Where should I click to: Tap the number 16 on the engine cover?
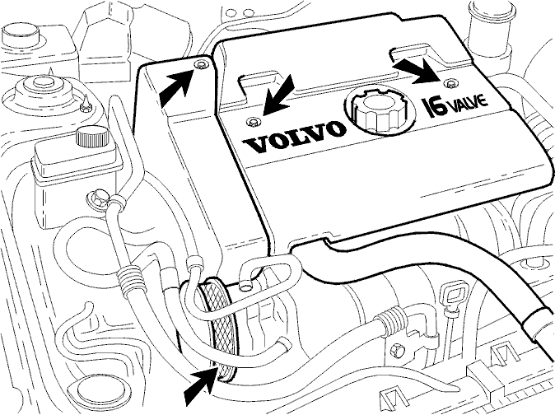pyautogui.click(x=432, y=107)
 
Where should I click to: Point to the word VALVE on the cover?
pyautogui.click(x=466, y=103)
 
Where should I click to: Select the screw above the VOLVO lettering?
pyautogui.click(x=253, y=123)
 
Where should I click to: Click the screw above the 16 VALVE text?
pyautogui.click(x=450, y=84)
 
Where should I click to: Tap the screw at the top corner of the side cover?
pyautogui.click(x=201, y=64)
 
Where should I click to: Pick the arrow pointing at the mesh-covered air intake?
pyautogui.click(x=201, y=386)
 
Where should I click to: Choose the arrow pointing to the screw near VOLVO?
pyautogui.click(x=279, y=95)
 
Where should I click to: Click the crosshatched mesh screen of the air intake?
pyautogui.click(x=217, y=329)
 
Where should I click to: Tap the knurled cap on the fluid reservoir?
pyautogui.click(x=92, y=137)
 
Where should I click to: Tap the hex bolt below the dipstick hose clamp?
pyautogui.click(x=396, y=350)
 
